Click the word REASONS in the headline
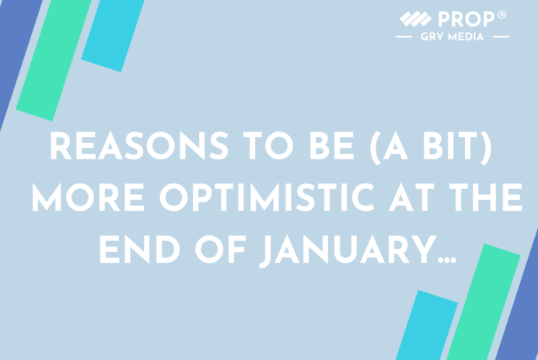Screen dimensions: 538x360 [139, 145]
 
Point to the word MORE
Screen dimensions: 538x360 [88, 197]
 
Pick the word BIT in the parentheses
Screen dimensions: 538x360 [450, 145]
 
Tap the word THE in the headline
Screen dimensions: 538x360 [485, 197]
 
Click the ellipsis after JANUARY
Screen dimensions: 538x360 [447, 260]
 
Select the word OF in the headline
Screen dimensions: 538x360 [221, 249]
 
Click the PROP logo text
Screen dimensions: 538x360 [466, 19]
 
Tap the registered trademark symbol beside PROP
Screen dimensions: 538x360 [501, 15]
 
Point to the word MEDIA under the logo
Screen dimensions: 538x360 [466, 37]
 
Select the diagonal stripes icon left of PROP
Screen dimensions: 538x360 [416, 19]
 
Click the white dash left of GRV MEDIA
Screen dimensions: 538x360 [403, 37]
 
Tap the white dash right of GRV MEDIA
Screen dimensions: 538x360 [501, 37]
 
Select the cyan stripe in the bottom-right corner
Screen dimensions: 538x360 [427, 326]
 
